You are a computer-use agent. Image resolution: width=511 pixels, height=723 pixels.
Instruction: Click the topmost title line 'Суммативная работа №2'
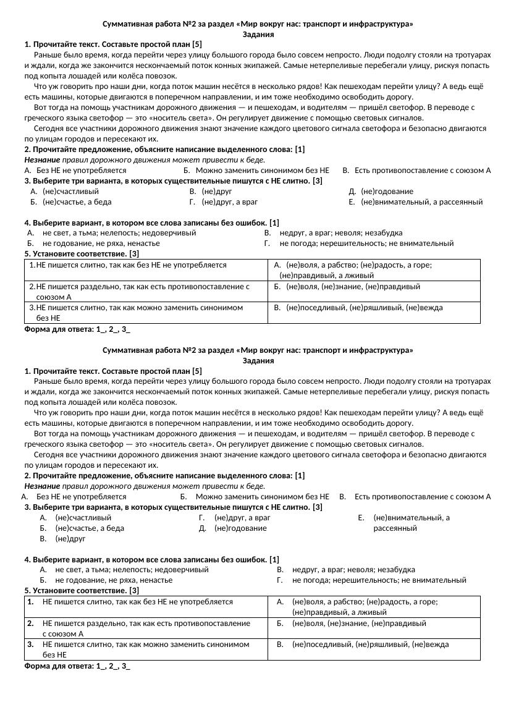[258, 24]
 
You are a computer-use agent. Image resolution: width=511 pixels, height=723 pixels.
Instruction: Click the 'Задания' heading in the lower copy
[258, 360]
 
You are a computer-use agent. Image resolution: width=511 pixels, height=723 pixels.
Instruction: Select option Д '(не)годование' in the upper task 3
[387, 192]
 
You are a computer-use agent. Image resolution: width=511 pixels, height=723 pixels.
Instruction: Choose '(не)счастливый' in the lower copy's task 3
[83, 517]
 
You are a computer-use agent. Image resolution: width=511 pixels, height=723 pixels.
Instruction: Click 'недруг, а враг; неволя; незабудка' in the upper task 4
[341, 233]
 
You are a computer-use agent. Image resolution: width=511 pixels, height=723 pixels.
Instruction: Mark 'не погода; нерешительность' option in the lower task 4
[379, 580]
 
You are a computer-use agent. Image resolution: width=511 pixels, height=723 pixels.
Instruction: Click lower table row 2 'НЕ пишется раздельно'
[146, 628]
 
